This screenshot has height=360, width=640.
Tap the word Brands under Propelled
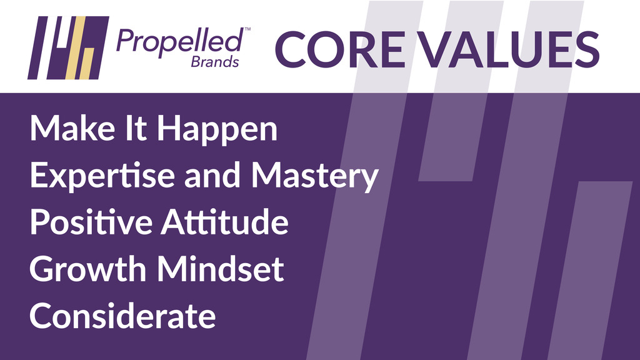coord(215,62)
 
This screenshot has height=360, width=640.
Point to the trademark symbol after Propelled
coord(247,29)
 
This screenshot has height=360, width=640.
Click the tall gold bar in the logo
coord(76,47)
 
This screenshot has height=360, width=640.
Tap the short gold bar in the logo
coord(87,64)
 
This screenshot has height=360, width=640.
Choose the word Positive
coord(91,222)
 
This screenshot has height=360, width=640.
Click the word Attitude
coord(225,222)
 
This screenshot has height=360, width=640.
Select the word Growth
coord(87,269)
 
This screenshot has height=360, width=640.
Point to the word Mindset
coord(221,269)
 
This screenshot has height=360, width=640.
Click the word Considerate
coord(122,316)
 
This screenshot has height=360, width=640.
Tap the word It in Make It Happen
coord(136,128)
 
